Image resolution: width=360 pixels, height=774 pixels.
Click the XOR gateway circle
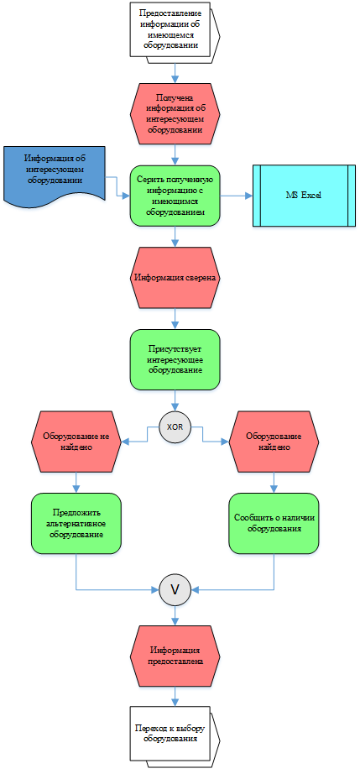point(175,427)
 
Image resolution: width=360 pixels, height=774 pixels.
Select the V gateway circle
point(175,588)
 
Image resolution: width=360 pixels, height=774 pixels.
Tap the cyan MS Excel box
point(305,196)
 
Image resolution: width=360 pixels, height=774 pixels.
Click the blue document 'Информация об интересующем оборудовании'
point(55,174)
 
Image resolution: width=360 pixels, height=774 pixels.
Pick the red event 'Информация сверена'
point(175,277)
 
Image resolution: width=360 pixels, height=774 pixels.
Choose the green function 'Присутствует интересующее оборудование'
point(175,360)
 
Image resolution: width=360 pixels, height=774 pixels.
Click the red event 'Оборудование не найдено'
point(76,442)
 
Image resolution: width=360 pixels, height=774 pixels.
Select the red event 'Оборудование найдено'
point(274,442)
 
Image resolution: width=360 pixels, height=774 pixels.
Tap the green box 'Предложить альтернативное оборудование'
point(76,523)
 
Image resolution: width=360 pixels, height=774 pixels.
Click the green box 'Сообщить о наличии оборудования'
point(274,523)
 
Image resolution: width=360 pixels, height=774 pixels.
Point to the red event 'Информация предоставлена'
point(175,656)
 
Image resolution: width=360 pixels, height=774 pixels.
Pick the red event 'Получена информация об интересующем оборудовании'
point(175,113)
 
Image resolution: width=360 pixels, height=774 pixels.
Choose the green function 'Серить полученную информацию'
point(175,196)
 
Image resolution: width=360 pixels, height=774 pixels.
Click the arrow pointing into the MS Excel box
point(237,196)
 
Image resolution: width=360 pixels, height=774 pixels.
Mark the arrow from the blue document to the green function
point(117,186)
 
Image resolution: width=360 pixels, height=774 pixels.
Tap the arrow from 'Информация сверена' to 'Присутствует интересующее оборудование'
point(175,318)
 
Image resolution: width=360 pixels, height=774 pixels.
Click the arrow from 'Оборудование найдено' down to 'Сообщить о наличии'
point(274,483)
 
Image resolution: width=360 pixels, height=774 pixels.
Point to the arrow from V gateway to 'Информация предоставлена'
point(175,615)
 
